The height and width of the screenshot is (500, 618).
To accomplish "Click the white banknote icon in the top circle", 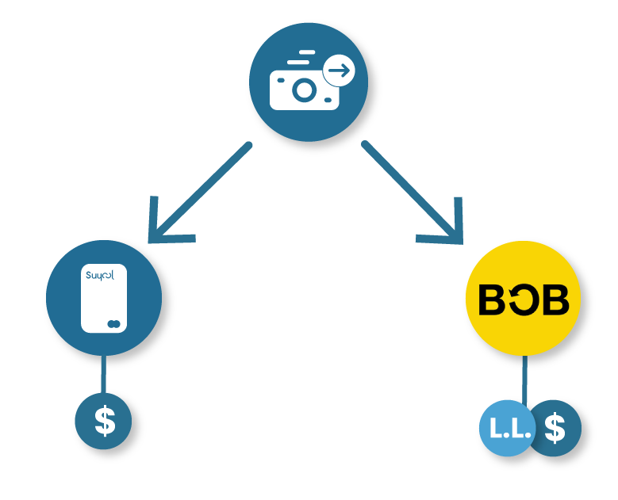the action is click(305, 90).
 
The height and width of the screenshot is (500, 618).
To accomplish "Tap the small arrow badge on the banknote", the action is click(339, 71).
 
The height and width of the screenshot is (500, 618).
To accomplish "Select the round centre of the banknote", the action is click(305, 90).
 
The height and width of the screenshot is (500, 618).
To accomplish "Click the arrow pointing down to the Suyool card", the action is click(199, 193).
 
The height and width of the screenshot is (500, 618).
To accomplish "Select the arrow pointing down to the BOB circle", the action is click(413, 192).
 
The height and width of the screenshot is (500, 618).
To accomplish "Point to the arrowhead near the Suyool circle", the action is click(166, 227).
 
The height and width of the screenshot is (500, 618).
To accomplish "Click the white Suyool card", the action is click(104, 299).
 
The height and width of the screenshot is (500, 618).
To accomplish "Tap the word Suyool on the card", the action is click(100, 275).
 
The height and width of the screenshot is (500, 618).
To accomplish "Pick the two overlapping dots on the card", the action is click(114, 324).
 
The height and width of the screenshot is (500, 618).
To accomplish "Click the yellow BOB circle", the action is click(523, 298).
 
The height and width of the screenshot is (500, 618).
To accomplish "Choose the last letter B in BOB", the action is click(556, 300).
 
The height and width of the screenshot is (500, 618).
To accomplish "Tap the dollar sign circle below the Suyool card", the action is click(103, 421).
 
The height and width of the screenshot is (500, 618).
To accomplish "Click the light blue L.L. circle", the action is click(507, 428).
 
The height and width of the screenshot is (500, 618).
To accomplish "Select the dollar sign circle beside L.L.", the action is click(555, 428).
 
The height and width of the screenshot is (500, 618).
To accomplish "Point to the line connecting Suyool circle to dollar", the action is click(104, 374).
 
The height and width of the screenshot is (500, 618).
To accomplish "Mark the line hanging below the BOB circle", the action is click(524, 379).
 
